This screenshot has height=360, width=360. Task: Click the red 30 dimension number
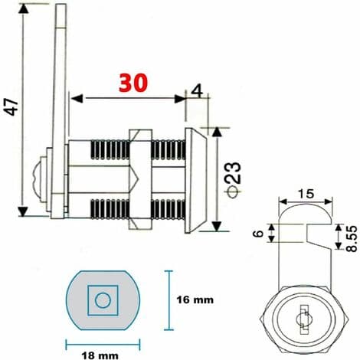click(133, 83)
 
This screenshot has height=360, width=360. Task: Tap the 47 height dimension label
click(11, 107)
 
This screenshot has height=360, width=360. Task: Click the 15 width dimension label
click(306, 194)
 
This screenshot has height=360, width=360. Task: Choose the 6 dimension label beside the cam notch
click(260, 233)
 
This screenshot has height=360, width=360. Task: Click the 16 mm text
click(195, 299)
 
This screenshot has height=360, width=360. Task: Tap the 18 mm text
click(100, 355)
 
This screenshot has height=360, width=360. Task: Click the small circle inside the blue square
click(103, 300)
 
